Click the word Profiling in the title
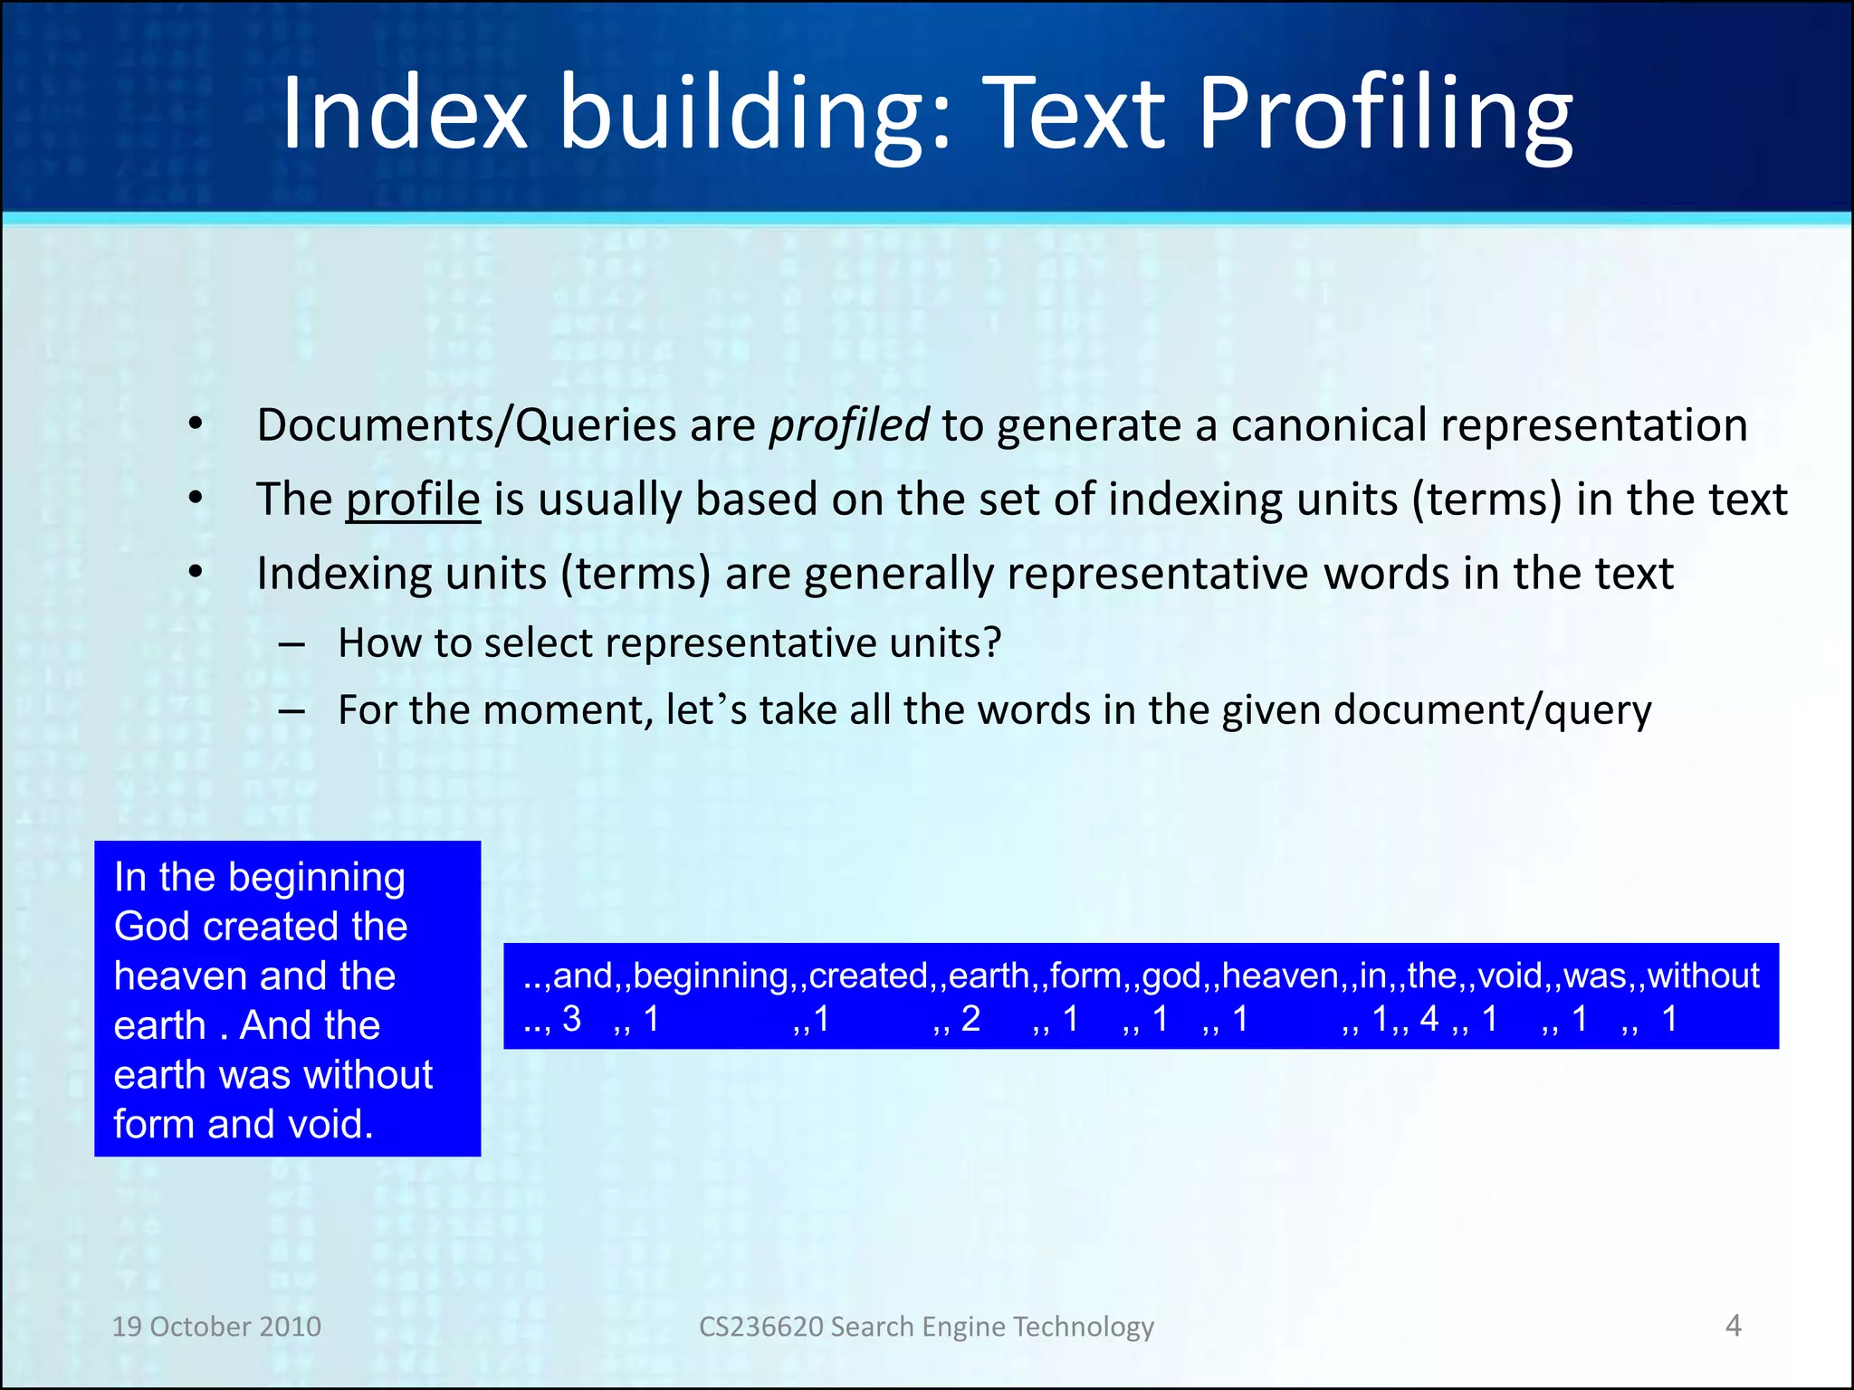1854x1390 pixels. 1385,116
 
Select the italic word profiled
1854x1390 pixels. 848,425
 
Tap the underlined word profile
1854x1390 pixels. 413,500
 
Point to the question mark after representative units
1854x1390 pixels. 992,643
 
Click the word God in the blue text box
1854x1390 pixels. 152,927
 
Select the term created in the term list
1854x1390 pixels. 868,976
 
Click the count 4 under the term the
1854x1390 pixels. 1429,1020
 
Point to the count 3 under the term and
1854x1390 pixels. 571,1020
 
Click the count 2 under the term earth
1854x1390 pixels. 970,1020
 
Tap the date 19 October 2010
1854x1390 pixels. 216,1327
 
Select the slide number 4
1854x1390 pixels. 1733,1326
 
